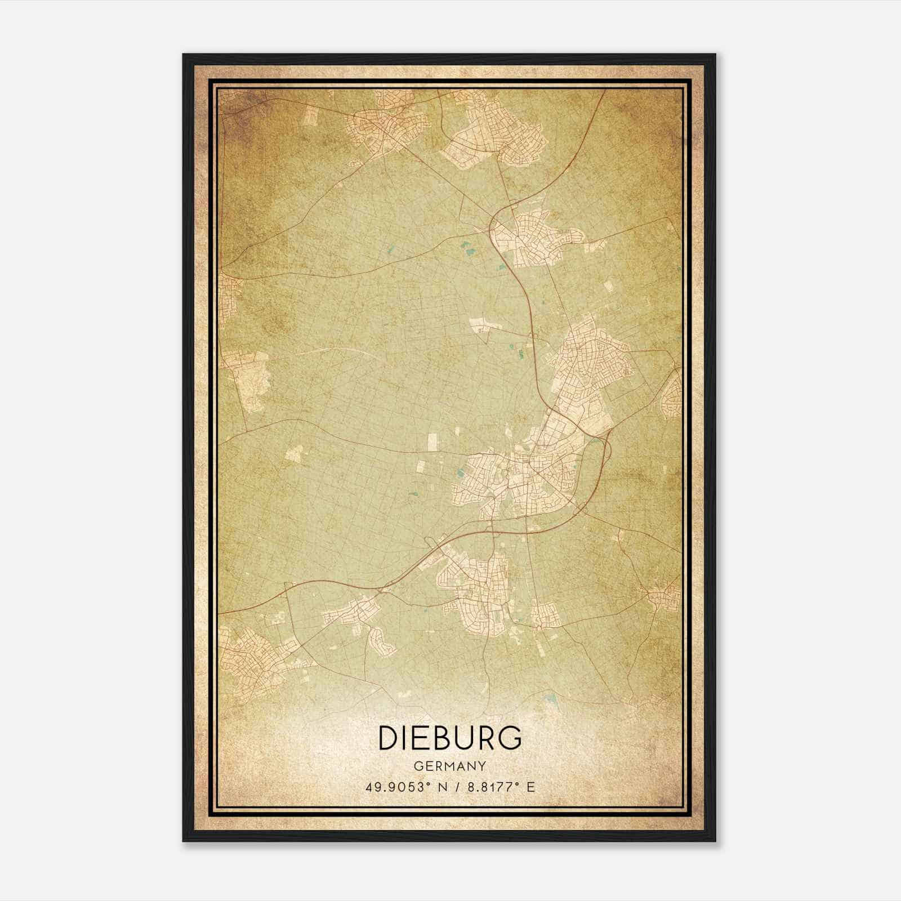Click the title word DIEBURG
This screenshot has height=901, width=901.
click(450, 738)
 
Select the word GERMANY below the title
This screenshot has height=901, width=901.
click(450, 766)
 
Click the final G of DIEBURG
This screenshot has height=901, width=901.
click(510, 738)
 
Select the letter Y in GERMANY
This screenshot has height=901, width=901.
click(482, 766)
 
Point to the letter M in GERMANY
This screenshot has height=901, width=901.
click(450, 766)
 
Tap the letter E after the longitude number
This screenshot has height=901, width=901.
click(530, 787)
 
